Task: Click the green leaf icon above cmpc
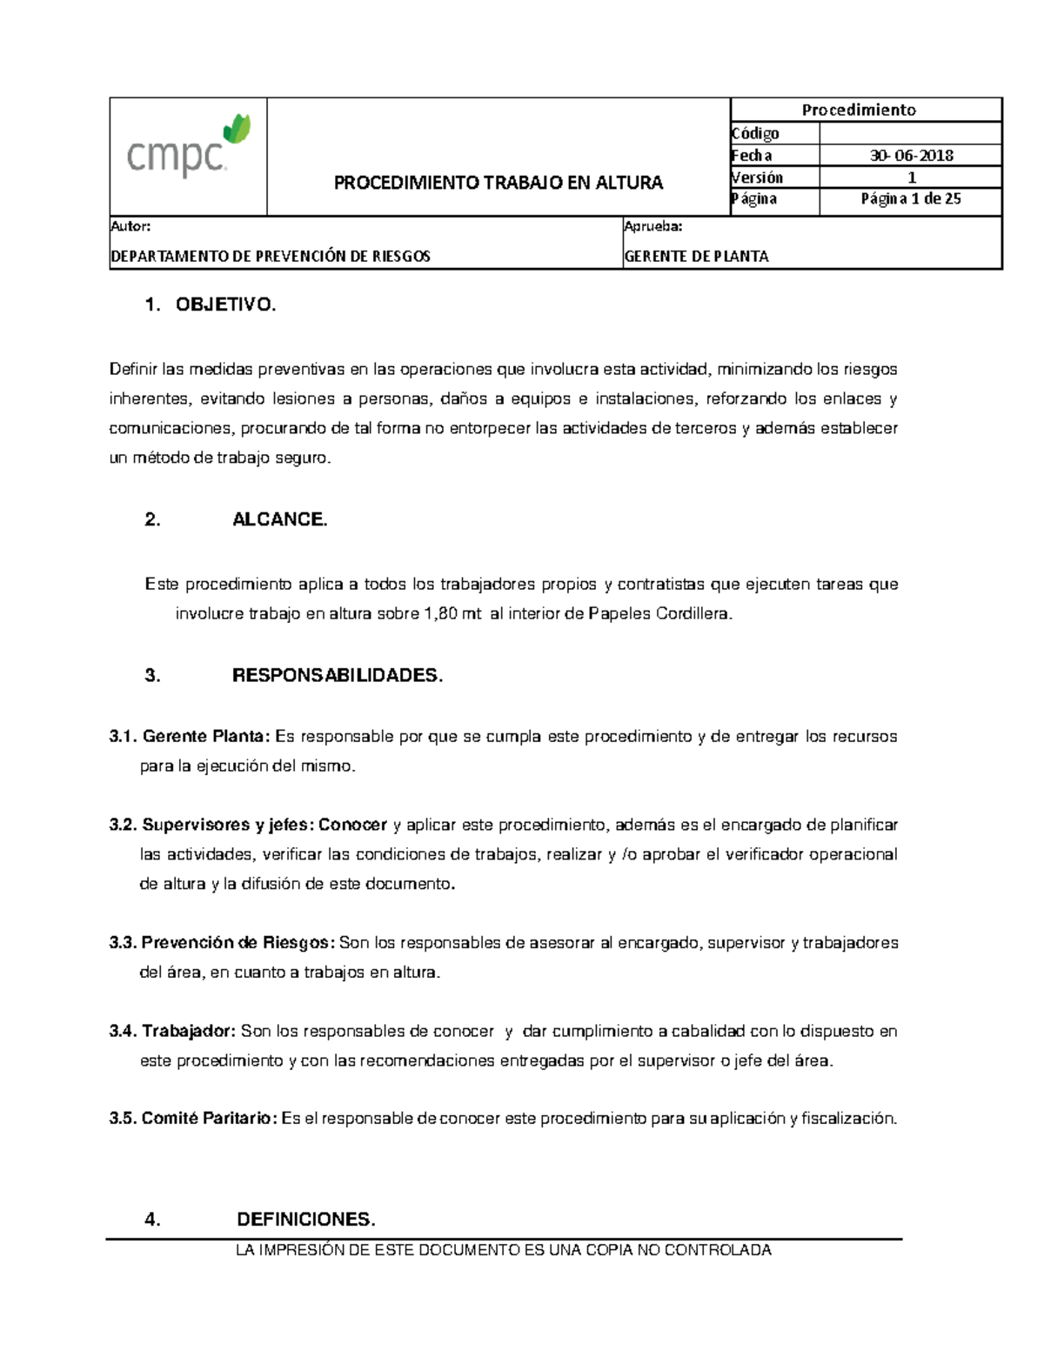(x=237, y=129)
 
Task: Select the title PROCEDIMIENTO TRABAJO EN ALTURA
(x=499, y=183)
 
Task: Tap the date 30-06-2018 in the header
(x=911, y=156)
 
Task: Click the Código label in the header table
(x=755, y=133)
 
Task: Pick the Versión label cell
(x=758, y=177)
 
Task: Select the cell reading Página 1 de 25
(x=911, y=198)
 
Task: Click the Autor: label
(x=130, y=226)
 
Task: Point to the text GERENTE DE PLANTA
(x=697, y=257)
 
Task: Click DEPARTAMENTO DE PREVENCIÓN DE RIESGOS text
(x=271, y=257)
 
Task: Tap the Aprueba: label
(x=652, y=226)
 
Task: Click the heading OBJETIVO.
(x=225, y=305)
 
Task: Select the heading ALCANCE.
(x=279, y=520)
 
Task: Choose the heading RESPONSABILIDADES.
(x=338, y=676)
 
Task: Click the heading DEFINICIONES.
(x=305, y=1220)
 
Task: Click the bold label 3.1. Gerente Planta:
(x=190, y=737)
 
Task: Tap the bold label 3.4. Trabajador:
(x=172, y=1032)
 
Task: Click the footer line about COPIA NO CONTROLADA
(x=504, y=1251)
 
